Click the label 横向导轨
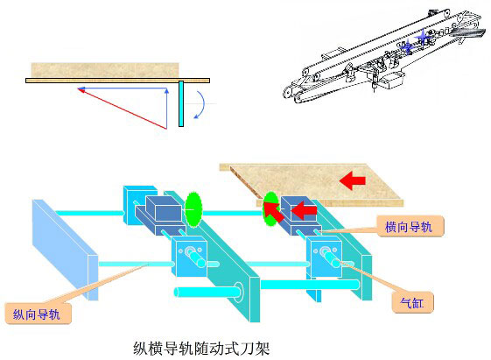409,227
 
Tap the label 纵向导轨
37,311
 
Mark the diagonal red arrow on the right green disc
275,212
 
